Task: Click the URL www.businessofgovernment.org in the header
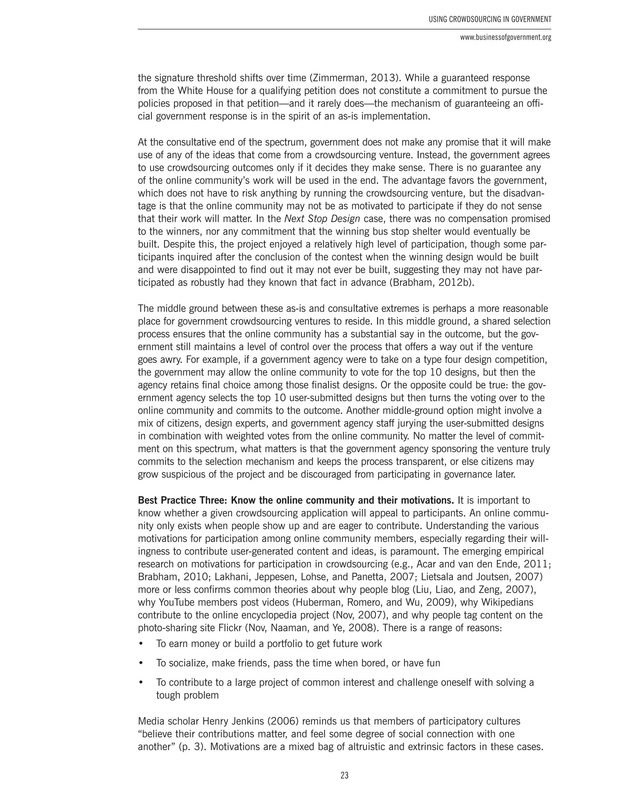(x=505, y=38)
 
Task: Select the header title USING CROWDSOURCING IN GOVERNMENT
(x=490, y=20)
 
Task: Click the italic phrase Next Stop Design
(x=322, y=219)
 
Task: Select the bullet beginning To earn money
(x=269, y=644)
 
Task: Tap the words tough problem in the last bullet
(x=187, y=695)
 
